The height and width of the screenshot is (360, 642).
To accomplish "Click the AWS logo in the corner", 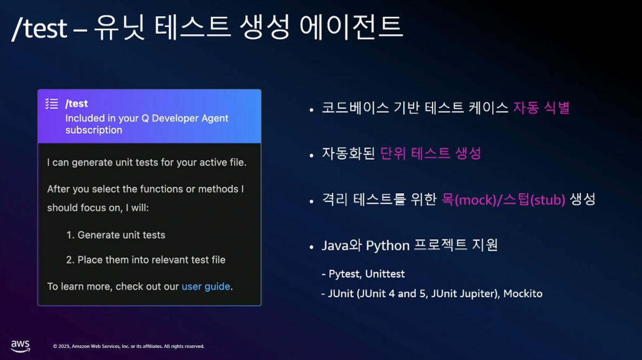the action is tap(21, 346).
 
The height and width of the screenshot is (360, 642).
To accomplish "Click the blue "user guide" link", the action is tap(206, 286).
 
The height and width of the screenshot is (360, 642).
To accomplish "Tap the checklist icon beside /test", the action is tap(51, 103).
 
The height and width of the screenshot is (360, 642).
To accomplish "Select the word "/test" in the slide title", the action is tap(40, 28).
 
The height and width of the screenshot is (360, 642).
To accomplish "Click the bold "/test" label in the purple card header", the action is tap(76, 103).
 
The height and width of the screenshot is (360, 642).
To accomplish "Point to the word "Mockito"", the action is tap(523, 293).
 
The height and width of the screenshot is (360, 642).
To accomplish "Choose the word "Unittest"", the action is tap(385, 274).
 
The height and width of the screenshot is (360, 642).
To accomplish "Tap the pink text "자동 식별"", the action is tap(541, 108).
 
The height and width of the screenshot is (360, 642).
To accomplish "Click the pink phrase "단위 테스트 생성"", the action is tap(431, 154).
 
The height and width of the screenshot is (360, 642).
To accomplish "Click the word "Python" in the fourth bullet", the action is tap(388, 246).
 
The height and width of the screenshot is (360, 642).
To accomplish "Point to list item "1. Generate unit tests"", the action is tap(115, 235).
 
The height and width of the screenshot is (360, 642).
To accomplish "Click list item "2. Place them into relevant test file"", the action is tap(146, 260).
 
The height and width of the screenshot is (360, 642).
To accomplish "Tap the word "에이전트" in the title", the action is tap(351, 27).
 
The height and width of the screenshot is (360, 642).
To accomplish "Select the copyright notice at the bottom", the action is tap(129, 346).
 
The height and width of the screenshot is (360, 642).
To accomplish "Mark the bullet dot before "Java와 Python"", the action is tap(312, 247).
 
